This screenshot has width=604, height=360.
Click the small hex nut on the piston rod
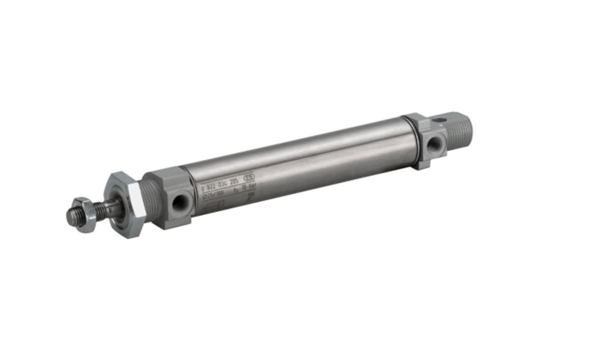coord(86,214)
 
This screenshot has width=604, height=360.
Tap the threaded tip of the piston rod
coord(72,217)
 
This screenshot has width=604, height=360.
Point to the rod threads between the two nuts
coord(103,209)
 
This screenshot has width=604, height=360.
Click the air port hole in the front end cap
coord(180,203)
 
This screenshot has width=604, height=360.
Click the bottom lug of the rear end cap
coord(422,164)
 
